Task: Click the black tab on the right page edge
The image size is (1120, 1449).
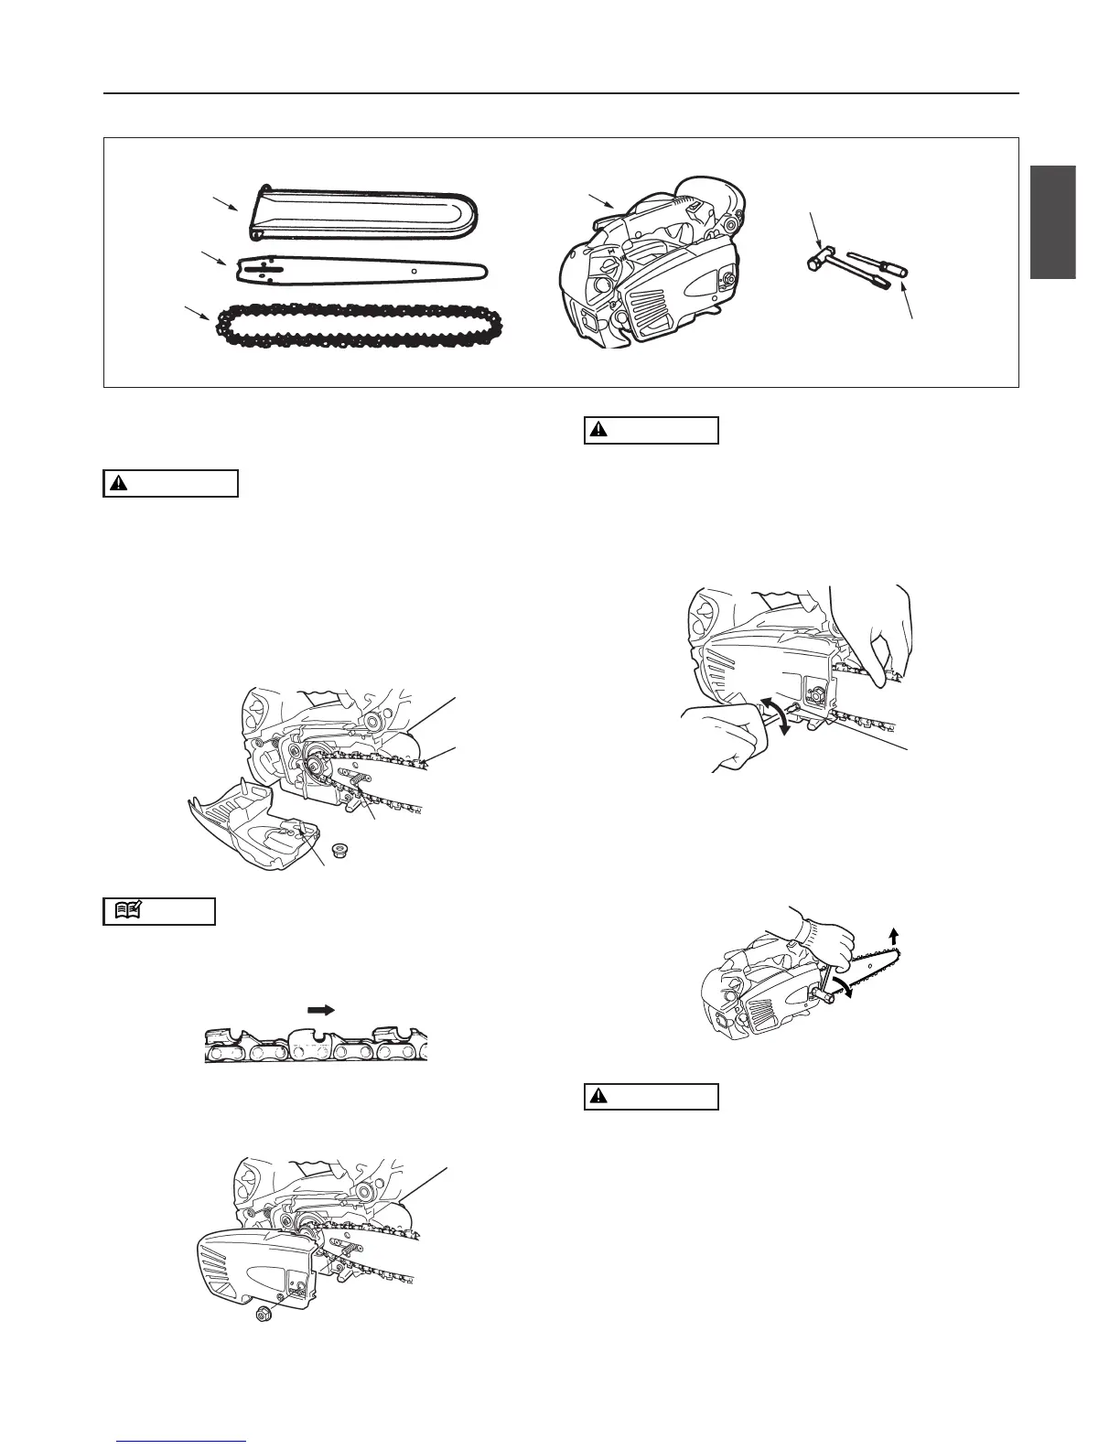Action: click(x=1052, y=222)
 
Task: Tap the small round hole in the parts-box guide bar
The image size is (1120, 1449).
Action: click(x=414, y=271)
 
